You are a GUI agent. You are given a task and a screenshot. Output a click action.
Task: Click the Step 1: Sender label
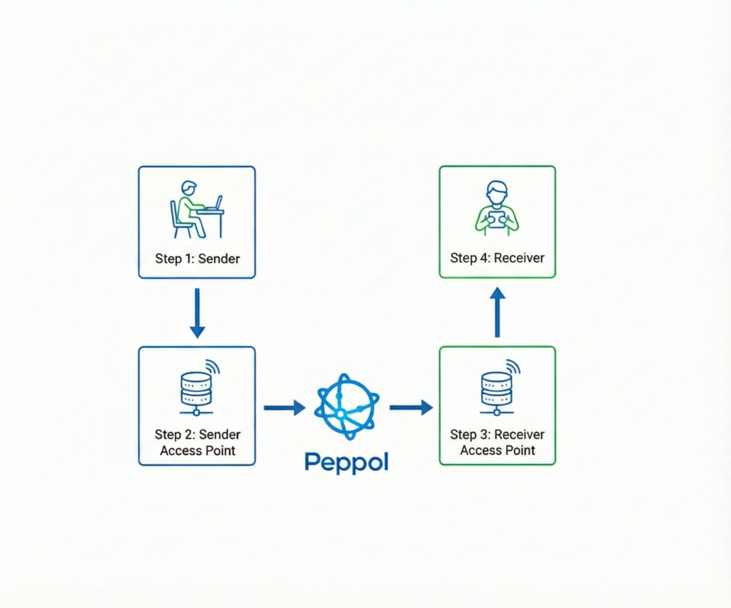click(x=197, y=258)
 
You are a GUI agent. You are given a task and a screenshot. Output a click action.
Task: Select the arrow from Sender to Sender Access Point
click(x=197, y=312)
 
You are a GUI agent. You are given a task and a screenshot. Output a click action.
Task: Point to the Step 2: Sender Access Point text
click(x=197, y=442)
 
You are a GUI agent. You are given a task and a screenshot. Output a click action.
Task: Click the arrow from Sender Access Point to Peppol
click(x=284, y=407)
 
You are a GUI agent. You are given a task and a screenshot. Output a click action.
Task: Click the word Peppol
click(x=346, y=462)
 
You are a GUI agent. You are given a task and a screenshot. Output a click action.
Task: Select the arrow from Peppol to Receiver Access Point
click(x=410, y=407)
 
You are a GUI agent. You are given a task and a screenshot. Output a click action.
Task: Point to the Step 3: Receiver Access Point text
click(x=498, y=442)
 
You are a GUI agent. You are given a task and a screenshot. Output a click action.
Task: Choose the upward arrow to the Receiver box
click(x=498, y=312)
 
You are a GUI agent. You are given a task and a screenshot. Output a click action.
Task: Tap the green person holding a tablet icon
click(x=497, y=209)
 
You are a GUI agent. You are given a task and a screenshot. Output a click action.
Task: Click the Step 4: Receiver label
click(x=498, y=258)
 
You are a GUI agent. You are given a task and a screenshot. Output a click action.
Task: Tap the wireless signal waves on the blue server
click(x=213, y=367)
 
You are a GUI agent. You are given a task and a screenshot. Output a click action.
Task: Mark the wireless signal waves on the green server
click(x=513, y=367)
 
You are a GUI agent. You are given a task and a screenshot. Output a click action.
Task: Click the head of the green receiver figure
click(x=497, y=191)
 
